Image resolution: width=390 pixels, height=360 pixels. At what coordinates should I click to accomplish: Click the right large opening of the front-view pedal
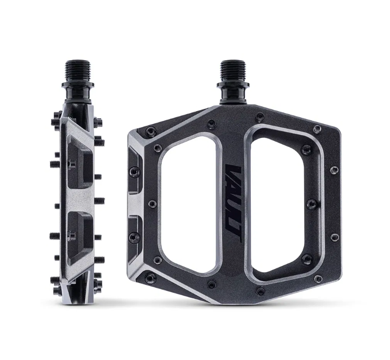coord(283,204)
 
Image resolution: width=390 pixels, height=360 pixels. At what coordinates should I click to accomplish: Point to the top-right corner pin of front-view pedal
coord(317,129)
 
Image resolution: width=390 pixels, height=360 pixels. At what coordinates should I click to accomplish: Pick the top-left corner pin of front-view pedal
coord(151,130)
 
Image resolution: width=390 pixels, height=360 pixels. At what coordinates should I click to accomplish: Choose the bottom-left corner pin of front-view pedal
coord(150,277)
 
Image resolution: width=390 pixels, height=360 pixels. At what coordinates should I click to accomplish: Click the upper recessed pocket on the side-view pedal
coord(80,162)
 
